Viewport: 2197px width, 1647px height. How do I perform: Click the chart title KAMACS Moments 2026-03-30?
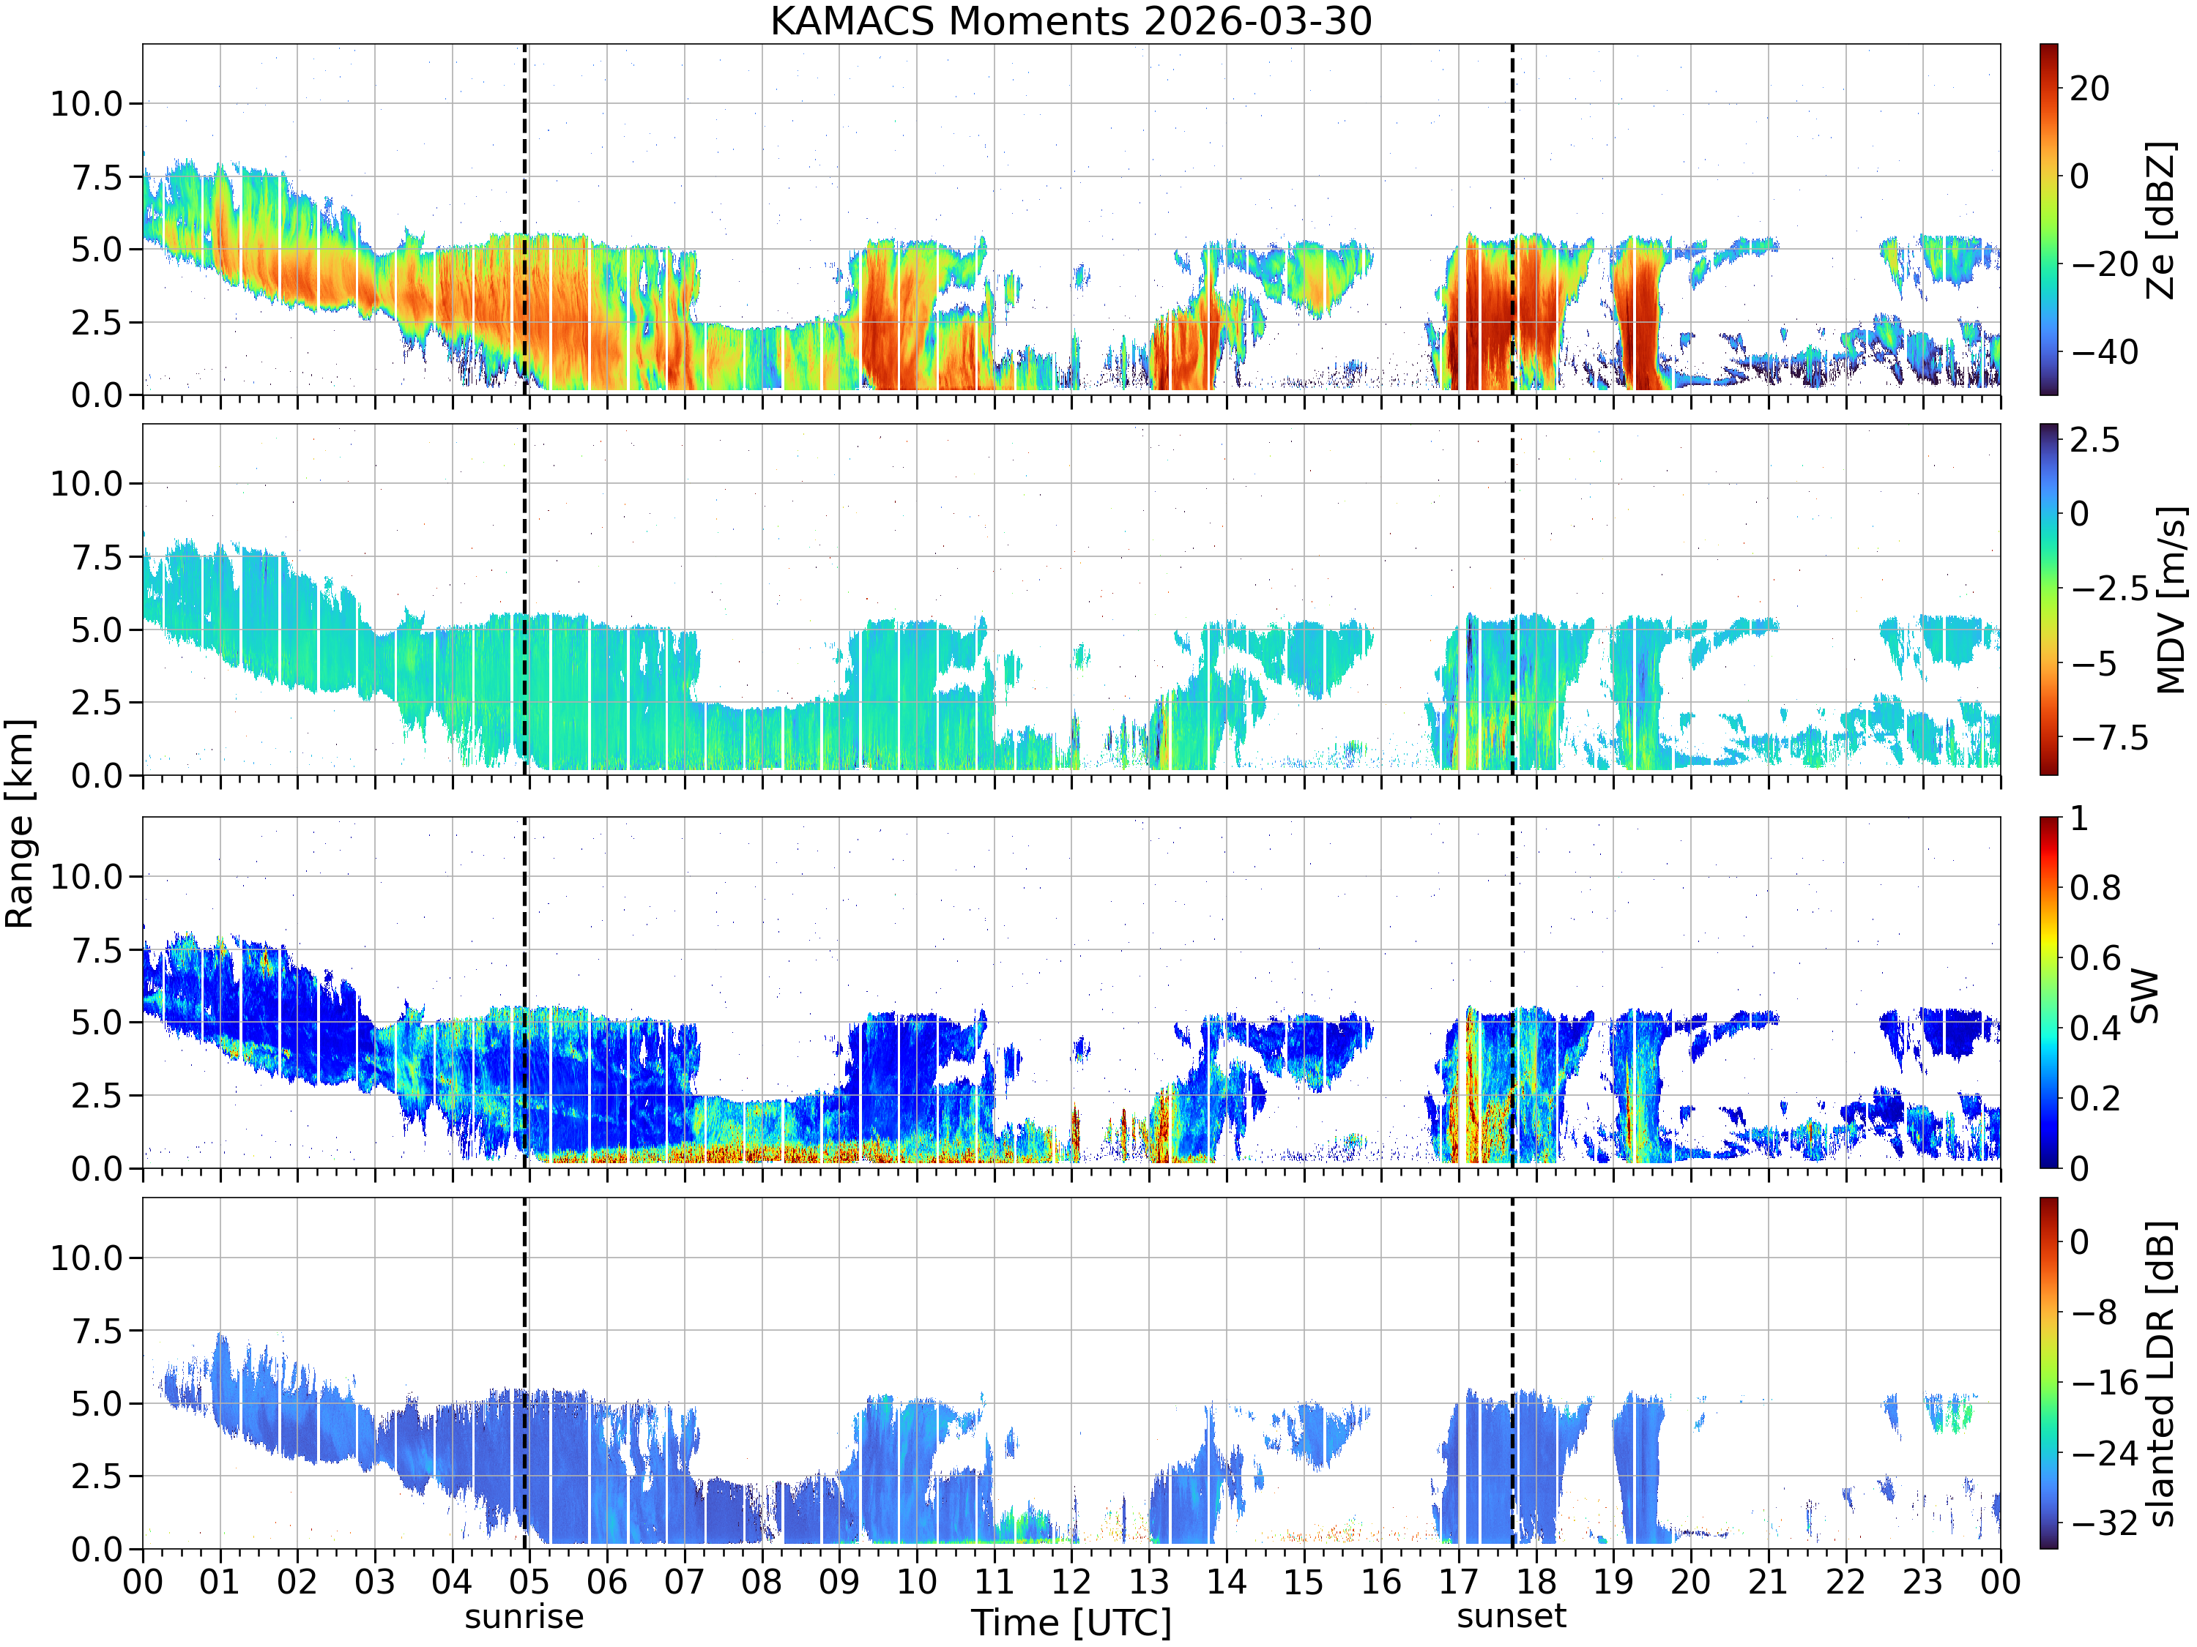tap(1071, 20)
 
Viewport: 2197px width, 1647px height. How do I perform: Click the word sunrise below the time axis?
tap(524, 1616)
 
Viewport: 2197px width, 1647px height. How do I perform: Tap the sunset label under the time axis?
tap(1512, 1616)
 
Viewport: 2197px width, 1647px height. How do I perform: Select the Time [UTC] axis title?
tap(1071, 1623)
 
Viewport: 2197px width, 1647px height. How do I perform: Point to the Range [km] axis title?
tap(20, 824)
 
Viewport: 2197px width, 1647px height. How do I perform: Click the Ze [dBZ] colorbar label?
tap(2161, 220)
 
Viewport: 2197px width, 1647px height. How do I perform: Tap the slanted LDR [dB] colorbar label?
tap(2161, 1373)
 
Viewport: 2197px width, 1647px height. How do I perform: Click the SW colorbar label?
tap(2144, 996)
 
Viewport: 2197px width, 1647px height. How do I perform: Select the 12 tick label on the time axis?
tap(1071, 1581)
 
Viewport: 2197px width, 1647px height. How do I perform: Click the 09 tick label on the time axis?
tap(839, 1581)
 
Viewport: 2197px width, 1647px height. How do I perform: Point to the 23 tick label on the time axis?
tap(1923, 1581)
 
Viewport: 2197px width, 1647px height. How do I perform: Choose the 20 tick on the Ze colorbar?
tap(2090, 89)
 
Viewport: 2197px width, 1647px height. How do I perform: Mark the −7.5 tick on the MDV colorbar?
tap(2105, 738)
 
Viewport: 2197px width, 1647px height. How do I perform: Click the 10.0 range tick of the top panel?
tap(86, 103)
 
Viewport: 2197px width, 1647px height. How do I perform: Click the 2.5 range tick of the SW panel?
tap(97, 1096)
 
